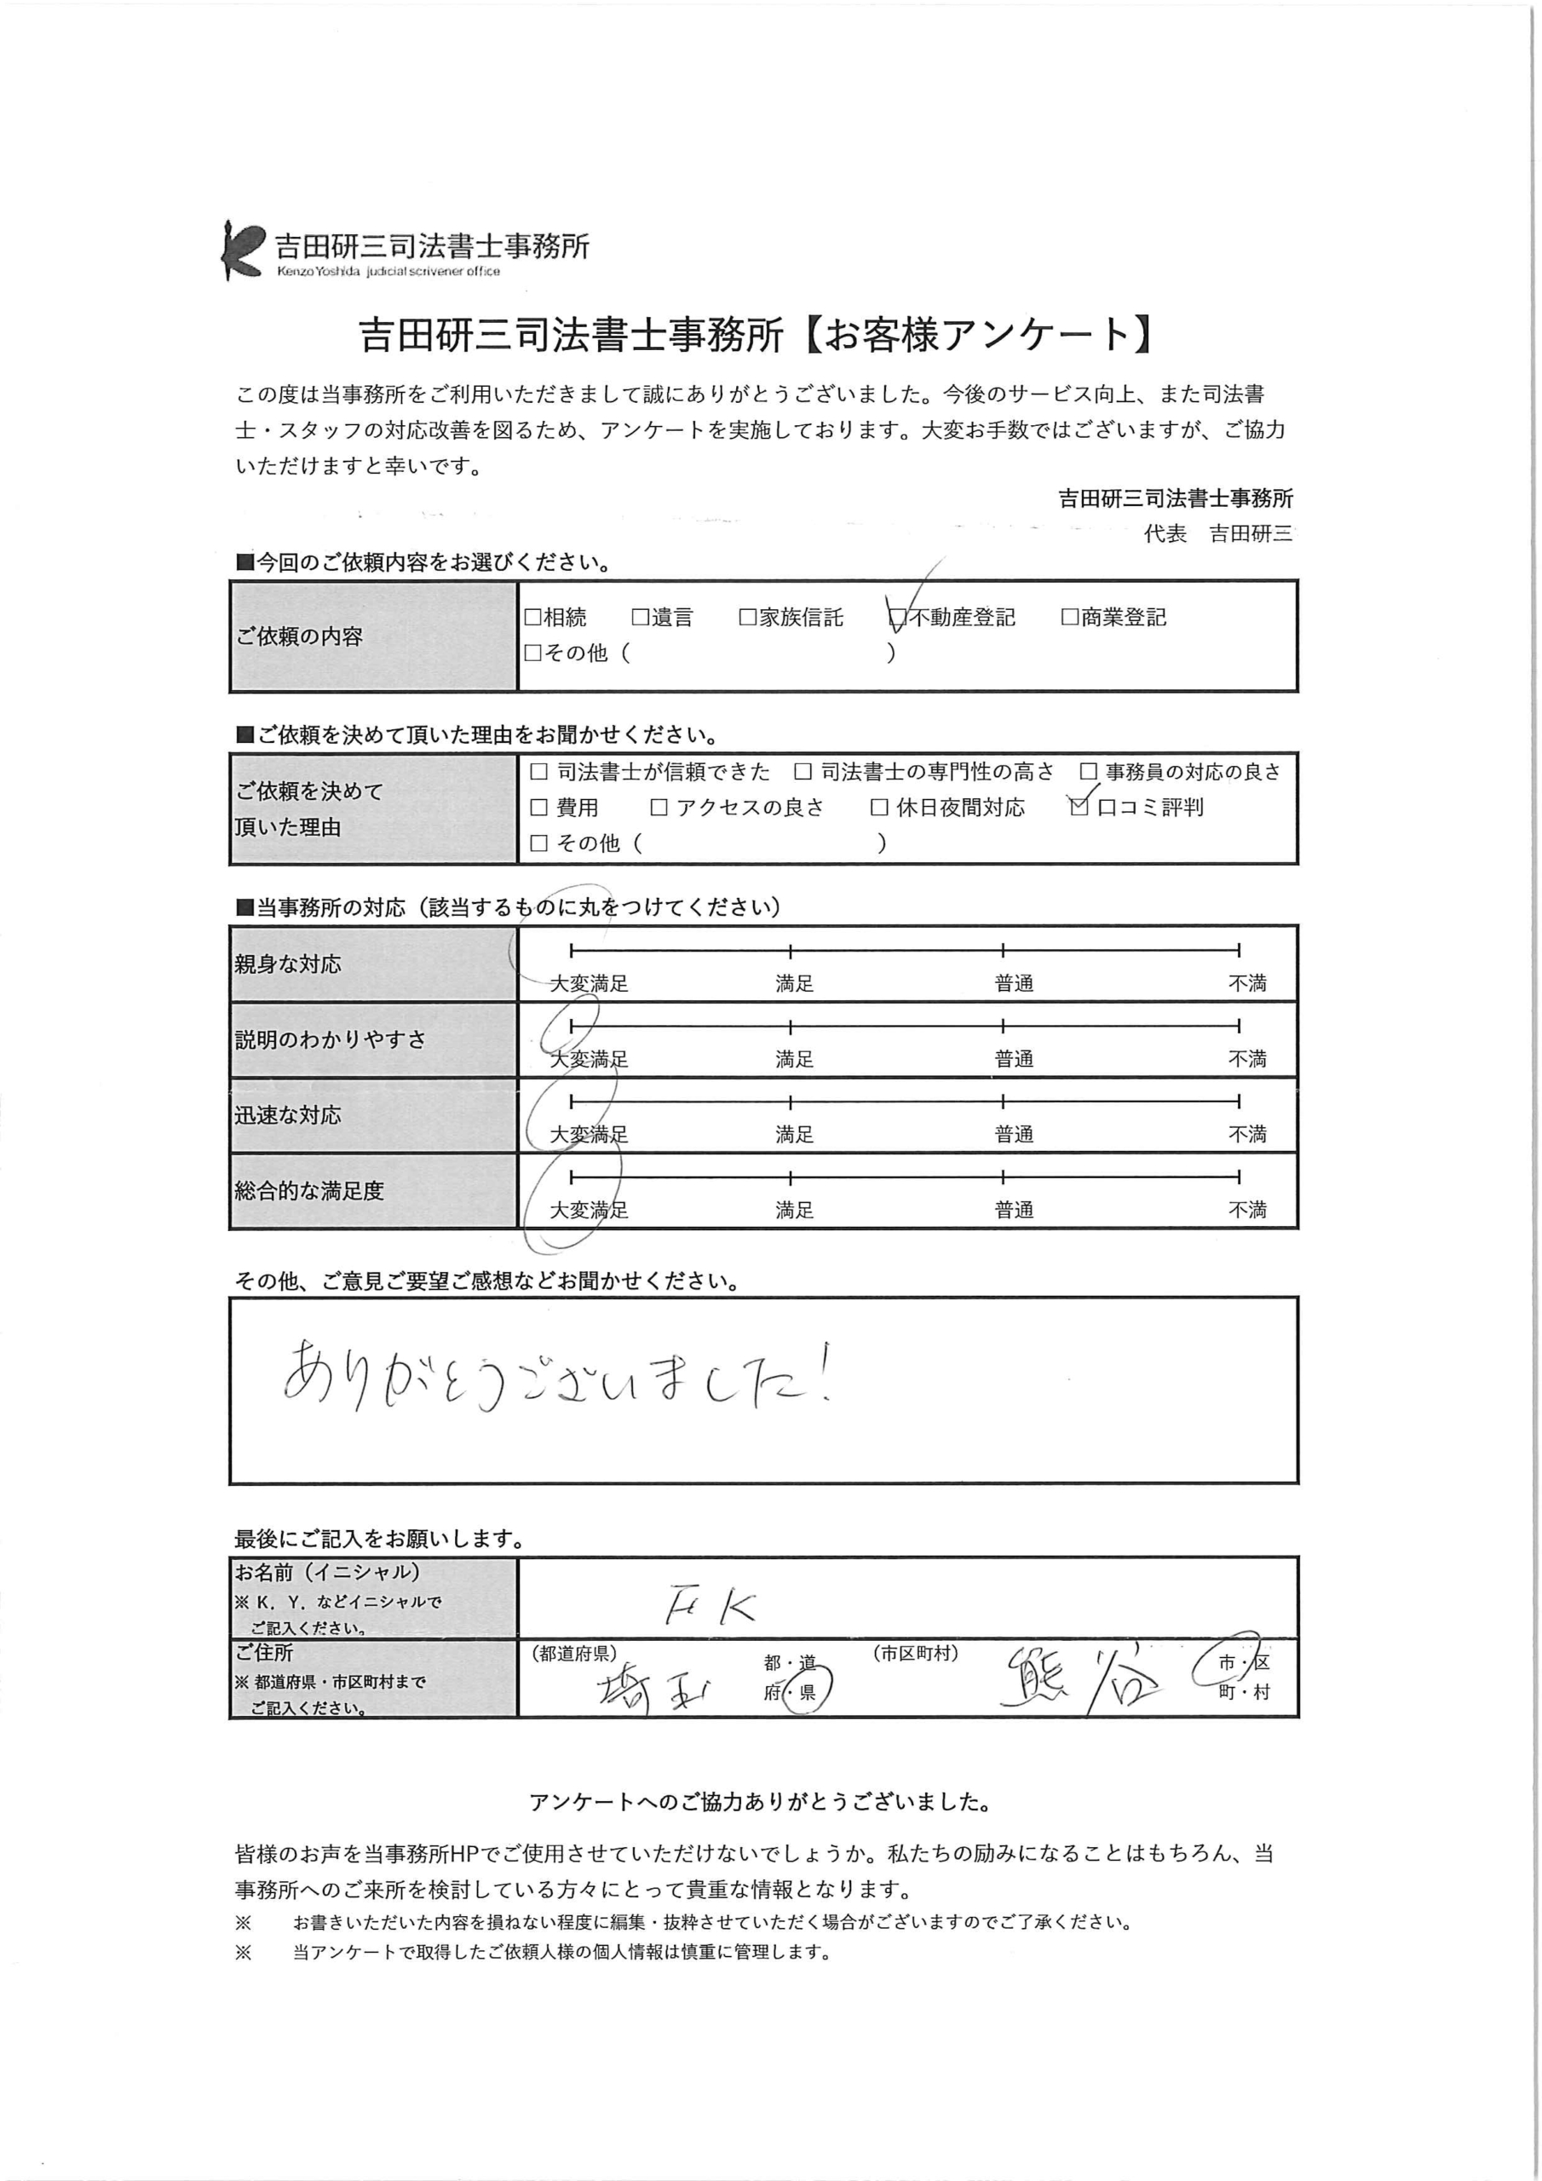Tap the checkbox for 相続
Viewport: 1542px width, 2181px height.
(x=532, y=618)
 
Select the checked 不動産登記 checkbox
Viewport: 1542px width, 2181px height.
(x=896, y=618)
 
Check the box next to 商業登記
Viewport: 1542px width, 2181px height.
(x=1070, y=618)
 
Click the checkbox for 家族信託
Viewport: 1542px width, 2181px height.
(x=748, y=618)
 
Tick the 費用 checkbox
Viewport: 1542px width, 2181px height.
(x=538, y=808)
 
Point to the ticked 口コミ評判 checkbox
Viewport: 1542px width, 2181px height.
(x=1079, y=808)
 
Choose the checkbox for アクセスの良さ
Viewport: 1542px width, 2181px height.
(x=659, y=808)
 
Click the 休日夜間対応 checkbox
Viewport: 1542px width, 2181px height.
(x=880, y=808)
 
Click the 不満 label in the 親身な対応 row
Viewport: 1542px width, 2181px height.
(x=1247, y=984)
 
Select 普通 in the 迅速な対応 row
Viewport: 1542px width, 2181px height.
(x=1014, y=1135)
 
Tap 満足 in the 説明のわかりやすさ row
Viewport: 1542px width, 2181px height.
(x=794, y=1059)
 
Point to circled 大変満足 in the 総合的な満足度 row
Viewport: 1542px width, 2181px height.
(x=589, y=1210)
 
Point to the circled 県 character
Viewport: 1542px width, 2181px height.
(x=808, y=1693)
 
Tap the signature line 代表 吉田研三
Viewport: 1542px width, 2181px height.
(x=1218, y=534)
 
